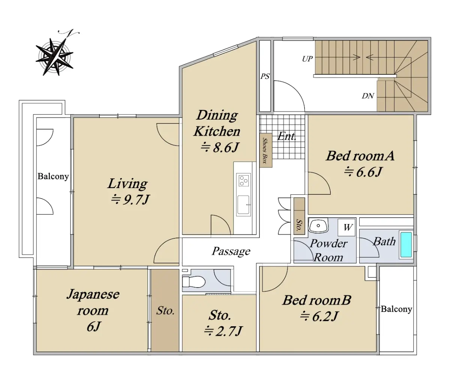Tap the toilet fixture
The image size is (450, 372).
[193, 282]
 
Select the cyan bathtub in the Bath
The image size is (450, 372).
[406, 245]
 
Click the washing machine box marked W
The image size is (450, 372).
[346, 227]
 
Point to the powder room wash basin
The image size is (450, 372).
[318, 226]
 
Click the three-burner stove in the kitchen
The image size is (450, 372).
[243, 179]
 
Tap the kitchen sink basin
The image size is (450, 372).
[243, 205]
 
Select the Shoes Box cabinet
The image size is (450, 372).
[266, 150]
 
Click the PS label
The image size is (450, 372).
[265, 76]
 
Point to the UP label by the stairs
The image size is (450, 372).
[307, 59]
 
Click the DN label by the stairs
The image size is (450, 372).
[368, 96]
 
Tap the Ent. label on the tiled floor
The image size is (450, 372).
[287, 136]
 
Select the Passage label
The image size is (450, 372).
[231, 251]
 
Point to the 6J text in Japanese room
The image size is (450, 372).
[93, 327]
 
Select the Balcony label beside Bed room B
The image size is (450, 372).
[396, 309]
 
